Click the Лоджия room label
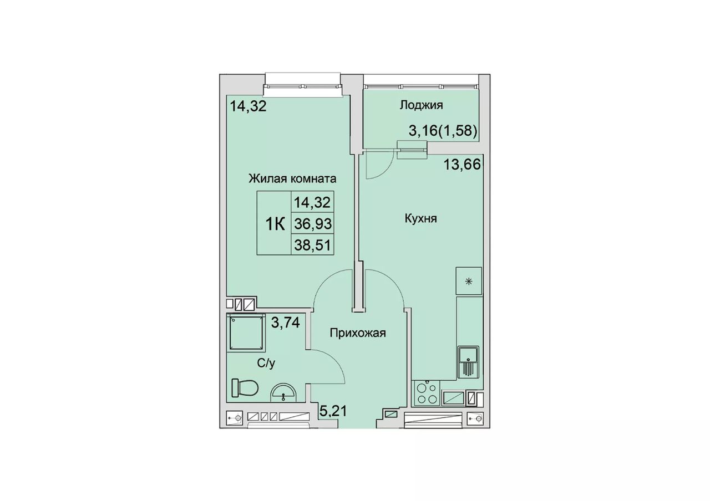(421, 105)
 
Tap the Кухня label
(421, 218)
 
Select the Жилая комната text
(292, 179)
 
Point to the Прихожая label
(358, 333)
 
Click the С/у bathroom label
(266, 364)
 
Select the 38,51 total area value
(313, 245)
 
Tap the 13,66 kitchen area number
(462, 165)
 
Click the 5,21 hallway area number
(333, 411)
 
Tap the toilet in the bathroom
(245, 387)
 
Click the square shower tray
(246, 333)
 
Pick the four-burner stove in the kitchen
(427, 393)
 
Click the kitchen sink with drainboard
(468, 362)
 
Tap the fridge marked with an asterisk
(469, 280)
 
